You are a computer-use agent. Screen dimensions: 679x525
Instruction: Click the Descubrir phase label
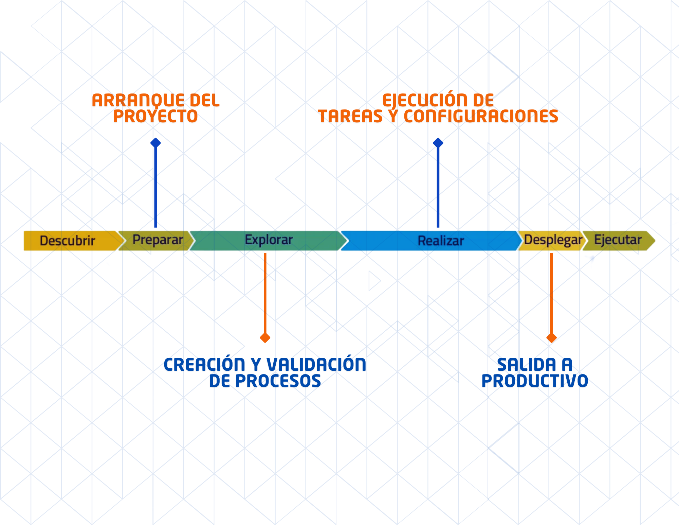(x=67, y=241)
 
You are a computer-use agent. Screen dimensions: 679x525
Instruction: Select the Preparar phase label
(x=158, y=240)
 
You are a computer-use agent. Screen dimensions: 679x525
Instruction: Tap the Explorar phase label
(x=269, y=240)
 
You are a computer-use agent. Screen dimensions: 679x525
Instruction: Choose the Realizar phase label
(x=441, y=241)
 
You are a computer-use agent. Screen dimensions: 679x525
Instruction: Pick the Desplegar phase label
(x=553, y=240)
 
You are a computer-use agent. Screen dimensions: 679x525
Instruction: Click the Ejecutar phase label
(x=618, y=240)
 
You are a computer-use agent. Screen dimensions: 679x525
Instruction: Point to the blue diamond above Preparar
(x=155, y=143)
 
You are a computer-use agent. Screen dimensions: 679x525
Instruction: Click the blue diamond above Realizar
(x=438, y=143)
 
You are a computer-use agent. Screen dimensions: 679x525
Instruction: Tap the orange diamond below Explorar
(x=265, y=338)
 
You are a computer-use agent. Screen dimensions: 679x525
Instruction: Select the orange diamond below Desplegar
(x=552, y=338)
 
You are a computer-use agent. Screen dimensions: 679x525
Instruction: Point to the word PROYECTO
(x=155, y=116)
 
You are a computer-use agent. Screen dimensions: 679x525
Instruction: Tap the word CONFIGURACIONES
(x=481, y=116)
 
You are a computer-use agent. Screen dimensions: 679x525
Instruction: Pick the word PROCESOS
(x=278, y=381)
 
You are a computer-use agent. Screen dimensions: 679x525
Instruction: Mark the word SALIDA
(x=527, y=365)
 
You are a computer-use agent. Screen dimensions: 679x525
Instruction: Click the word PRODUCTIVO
(x=535, y=381)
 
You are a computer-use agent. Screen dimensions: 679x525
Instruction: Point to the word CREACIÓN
(x=204, y=364)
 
